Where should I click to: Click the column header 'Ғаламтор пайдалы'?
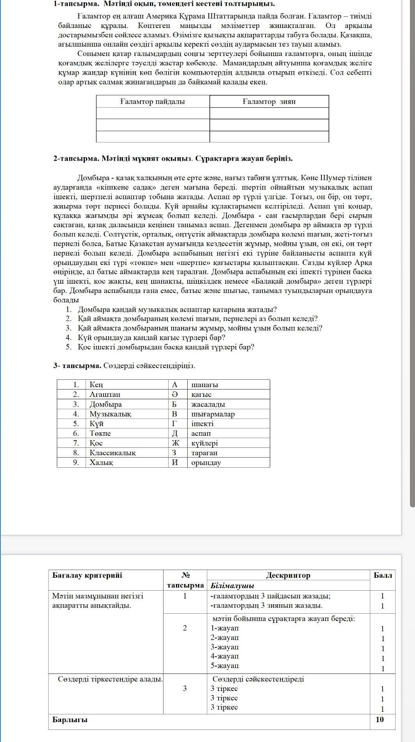point(152,102)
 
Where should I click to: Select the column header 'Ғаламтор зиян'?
point(269,102)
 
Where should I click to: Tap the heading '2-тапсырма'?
point(77,159)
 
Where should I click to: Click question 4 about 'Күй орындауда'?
point(151,338)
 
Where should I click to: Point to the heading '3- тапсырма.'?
point(77,366)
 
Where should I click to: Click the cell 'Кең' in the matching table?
point(96,385)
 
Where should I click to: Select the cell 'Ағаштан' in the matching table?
point(105,395)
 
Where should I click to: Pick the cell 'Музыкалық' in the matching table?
point(110,414)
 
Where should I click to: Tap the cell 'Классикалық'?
point(113,453)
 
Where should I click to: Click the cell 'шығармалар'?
point(213,414)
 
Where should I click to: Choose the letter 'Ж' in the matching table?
point(175,443)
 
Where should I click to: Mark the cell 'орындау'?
point(206,463)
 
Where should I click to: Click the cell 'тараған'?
point(204,453)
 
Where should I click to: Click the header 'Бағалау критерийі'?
point(87,575)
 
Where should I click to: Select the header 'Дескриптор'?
point(288,575)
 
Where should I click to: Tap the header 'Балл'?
point(383,575)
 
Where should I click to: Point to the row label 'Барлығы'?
point(70,720)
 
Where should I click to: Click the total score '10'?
point(380,720)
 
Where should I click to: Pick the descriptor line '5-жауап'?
point(225,666)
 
